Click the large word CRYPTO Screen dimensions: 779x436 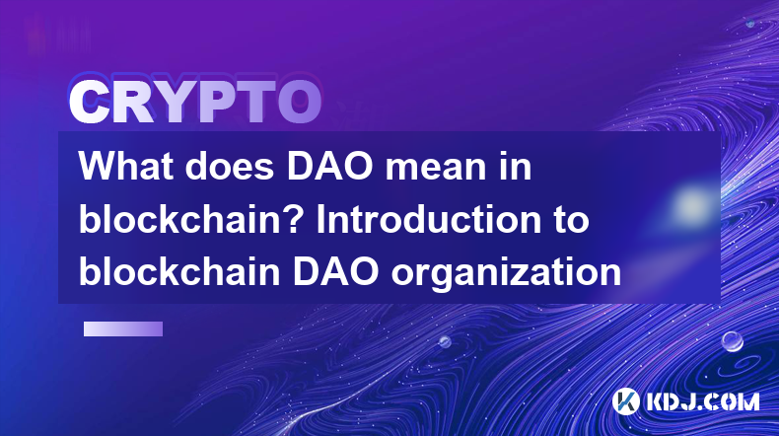click(195, 102)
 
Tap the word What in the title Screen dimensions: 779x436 click(126, 166)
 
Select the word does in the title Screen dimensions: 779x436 click(230, 166)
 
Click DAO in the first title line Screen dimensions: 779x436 click(330, 166)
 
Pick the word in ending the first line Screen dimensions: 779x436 click(516, 166)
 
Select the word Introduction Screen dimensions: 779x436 click(429, 219)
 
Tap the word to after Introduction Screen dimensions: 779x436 click(571, 221)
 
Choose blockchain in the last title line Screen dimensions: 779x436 click(179, 271)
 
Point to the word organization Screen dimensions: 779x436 click(506, 274)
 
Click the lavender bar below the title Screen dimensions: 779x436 click(123, 328)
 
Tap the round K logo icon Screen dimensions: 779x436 click(625, 400)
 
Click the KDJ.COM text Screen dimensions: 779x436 click(702, 401)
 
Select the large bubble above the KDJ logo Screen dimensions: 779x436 click(732, 341)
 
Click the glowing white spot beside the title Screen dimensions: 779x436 click(691, 204)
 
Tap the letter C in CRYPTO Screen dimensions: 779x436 click(90, 102)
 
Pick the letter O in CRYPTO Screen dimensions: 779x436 click(299, 102)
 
